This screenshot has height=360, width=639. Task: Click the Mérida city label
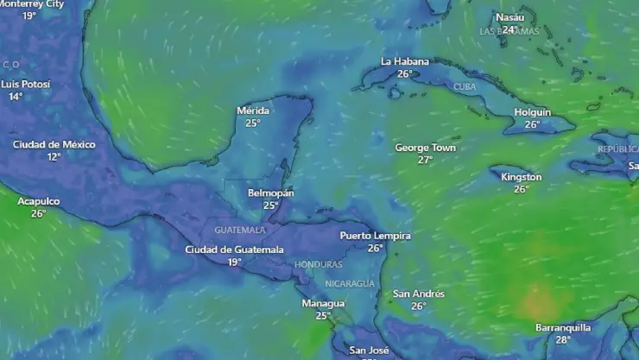click(253, 111)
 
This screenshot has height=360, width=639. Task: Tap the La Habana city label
click(405, 61)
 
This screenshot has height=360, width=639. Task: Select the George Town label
click(425, 148)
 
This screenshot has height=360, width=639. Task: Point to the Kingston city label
click(522, 177)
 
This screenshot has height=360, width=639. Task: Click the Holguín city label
click(533, 112)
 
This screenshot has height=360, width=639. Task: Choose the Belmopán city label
click(270, 193)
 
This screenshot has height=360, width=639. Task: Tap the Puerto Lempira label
click(375, 236)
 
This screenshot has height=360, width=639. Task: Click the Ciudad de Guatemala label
click(234, 249)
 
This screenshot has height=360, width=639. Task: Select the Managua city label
click(323, 303)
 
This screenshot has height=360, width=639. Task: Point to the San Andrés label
click(419, 294)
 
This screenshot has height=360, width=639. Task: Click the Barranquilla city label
click(563, 327)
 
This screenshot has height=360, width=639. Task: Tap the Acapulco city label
click(39, 201)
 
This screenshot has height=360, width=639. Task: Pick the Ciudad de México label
click(54, 144)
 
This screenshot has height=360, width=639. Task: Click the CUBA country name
click(465, 86)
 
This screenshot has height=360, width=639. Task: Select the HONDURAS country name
click(318, 264)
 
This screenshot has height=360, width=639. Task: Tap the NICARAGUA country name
click(350, 283)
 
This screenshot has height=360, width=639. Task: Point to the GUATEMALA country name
click(240, 231)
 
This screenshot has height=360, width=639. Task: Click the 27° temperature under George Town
click(425, 160)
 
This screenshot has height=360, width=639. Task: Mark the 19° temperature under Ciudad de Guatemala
click(234, 262)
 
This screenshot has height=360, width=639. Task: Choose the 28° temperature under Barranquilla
click(563, 339)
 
